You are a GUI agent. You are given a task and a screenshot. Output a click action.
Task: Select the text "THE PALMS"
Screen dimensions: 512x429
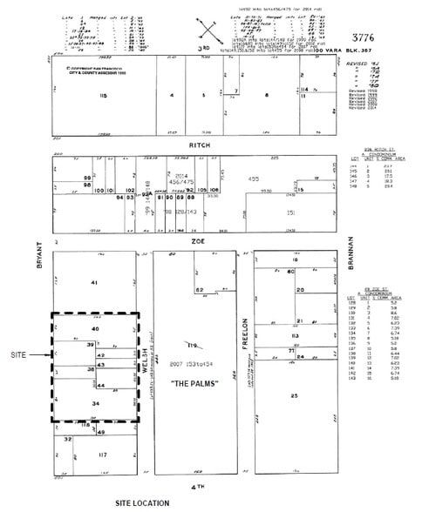[x=192, y=384]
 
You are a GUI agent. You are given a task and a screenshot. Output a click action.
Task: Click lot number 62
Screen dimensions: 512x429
[x=198, y=289]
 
